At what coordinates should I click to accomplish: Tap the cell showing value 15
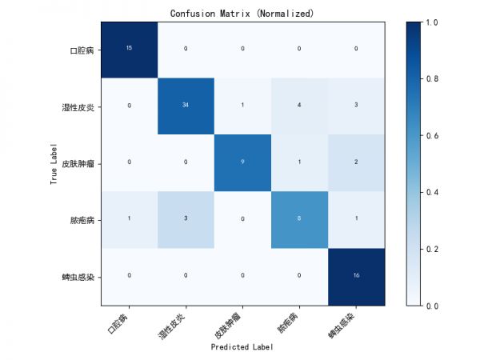pyautogui.click(x=129, y=48)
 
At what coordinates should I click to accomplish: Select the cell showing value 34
pyautogui.click(x=186, y=105)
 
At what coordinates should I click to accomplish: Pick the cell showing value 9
pyautogui.click(x=242, y=162)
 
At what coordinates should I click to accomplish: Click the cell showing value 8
pyautogui.click(x=299, y=218)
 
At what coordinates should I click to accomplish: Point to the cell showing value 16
pyautogui.click(x=356, y=275)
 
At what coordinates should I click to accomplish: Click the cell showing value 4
pyautogui.click(x=299, y=105)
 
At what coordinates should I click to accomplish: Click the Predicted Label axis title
pyautogui.click(x=242, y=347)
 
